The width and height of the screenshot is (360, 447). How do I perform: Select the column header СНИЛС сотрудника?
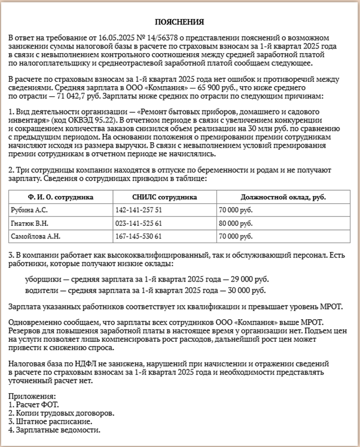[x=164, y=197]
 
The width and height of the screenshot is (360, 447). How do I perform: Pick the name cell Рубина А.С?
[x=29, y=210]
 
